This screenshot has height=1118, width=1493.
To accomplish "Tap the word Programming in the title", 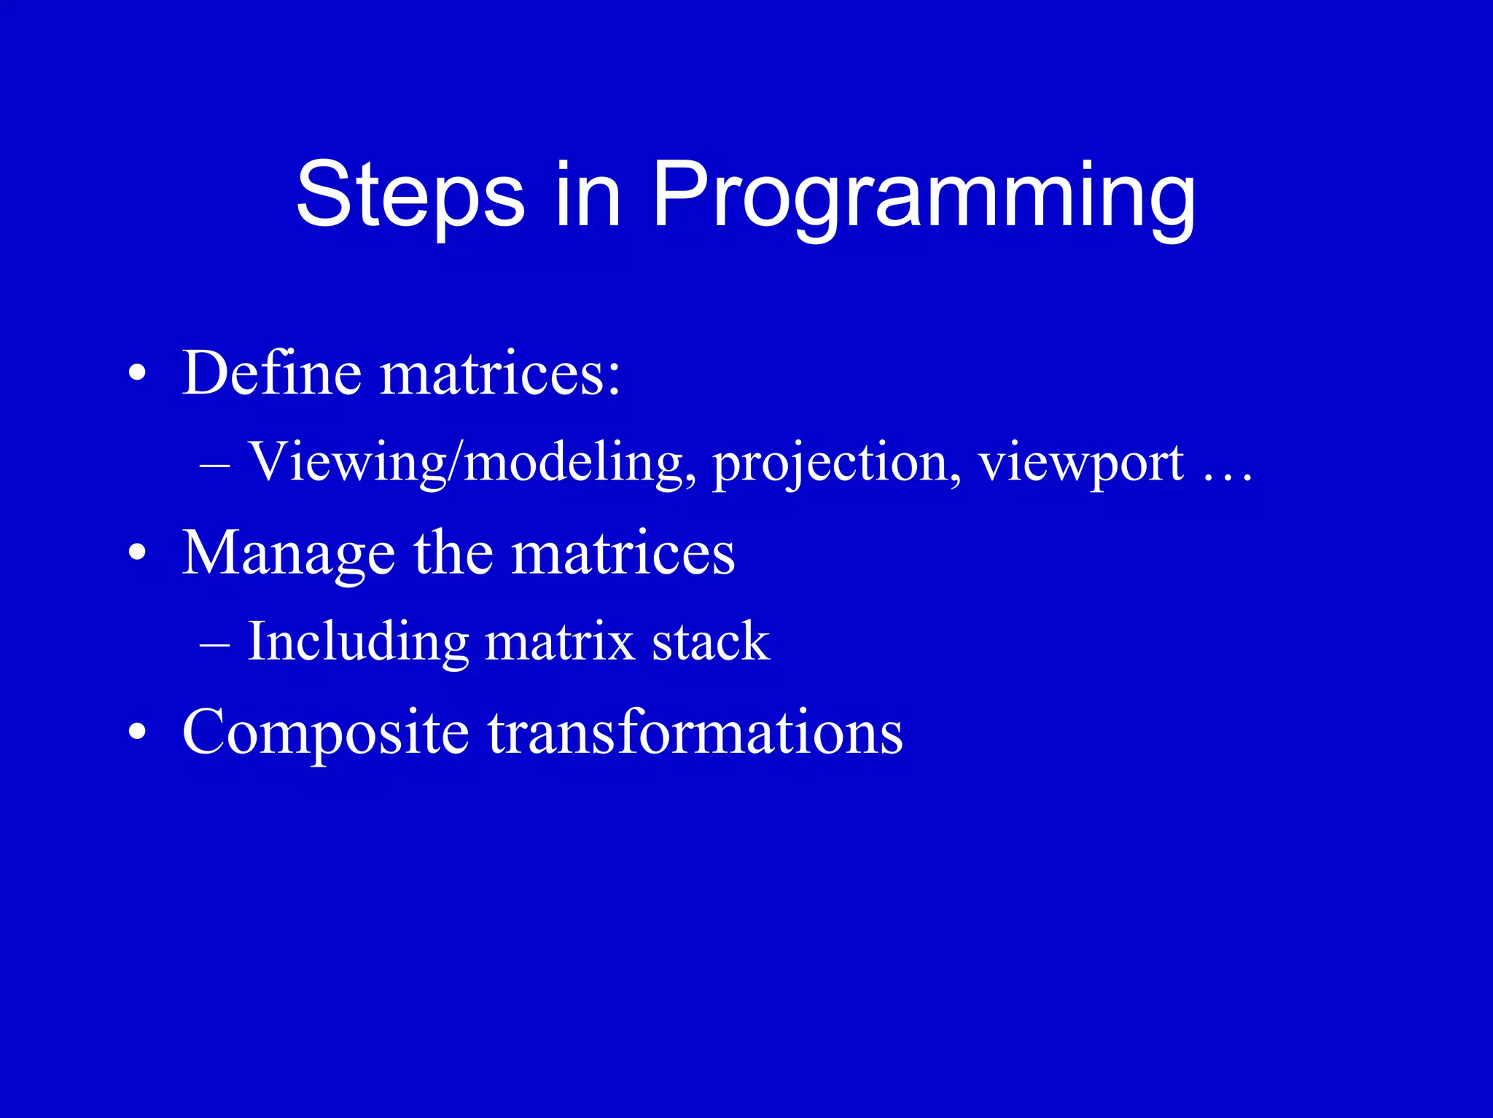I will (923, 195).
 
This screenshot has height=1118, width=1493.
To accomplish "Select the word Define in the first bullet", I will (271, 373).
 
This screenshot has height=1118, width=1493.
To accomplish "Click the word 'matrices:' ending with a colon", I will (500, 373).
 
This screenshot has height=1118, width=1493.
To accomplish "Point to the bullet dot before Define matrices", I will (137, 375).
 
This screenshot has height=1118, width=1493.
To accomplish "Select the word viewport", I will (1080, 462).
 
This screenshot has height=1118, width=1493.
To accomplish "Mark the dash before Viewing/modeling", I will (215, 465).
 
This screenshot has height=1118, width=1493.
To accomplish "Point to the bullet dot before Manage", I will (137, 554).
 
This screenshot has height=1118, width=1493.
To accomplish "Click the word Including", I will (358, 641).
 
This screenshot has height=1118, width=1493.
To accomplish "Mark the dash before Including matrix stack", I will (215, 644).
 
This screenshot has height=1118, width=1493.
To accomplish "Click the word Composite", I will (325, 732).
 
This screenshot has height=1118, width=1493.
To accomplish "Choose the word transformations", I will (695, 732).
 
